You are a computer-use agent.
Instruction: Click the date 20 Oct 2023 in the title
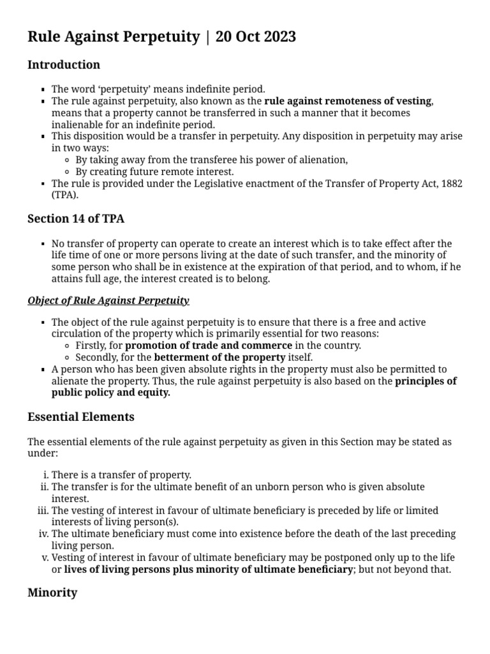256,37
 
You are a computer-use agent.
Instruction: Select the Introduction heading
64,65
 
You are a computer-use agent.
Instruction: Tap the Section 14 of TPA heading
76,218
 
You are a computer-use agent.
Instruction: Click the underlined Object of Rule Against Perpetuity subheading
108,300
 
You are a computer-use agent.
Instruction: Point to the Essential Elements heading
81,417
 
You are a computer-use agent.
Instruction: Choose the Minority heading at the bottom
52,593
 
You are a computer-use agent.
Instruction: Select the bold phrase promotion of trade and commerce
209,346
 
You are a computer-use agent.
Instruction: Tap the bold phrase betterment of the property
219,357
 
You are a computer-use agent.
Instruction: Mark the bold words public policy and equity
111,393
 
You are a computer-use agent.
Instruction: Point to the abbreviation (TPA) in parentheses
64,195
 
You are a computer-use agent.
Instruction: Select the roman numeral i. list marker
45,475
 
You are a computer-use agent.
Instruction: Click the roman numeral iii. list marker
43,510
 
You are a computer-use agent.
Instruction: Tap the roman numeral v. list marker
45,558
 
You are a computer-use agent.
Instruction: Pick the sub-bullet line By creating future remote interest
154,172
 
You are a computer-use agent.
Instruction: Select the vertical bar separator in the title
207,37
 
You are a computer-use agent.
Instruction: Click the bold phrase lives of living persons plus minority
167,569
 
